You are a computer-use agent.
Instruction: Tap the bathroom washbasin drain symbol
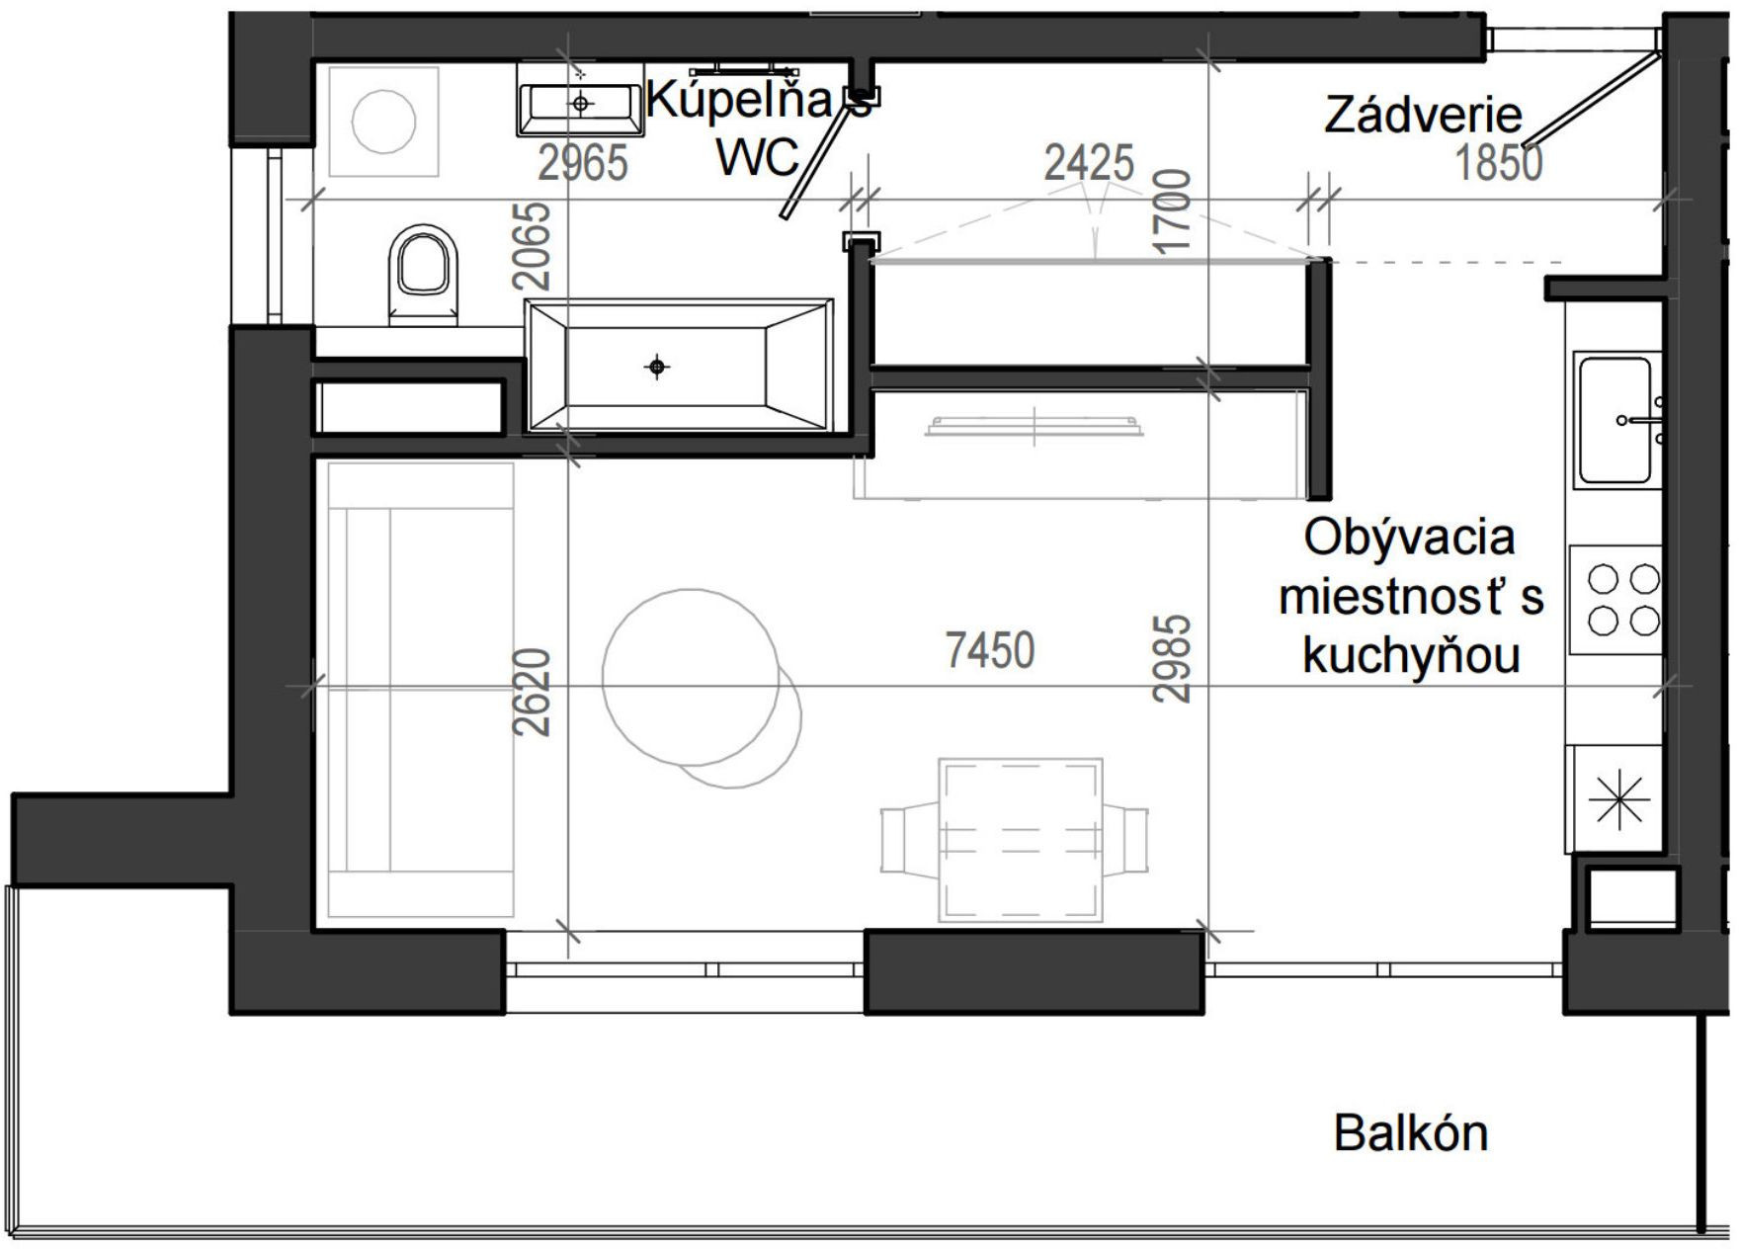pyautogui.click(x=581, y=103)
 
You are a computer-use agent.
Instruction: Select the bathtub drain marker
pyautogui.click(x=657, y=368)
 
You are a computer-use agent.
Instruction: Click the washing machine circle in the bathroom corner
pyautogui.click(x=383, y=122)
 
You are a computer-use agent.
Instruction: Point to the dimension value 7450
pyautogui.click(x=989, y=650)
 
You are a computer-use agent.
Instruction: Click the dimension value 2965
pyautogui.click(x=583, y=163)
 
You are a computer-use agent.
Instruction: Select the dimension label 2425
pyautogui.click(x=1089, y=163)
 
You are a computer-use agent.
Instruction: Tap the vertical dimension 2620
pyautogui.click(x=533, y=692)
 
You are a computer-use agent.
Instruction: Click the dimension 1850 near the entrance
pyautogui.click(x=1498, y=163)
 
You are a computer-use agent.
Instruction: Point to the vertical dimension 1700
pyautogui.click(x=1172, y=210)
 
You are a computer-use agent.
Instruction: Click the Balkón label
pyautogui.click(x=1410, y=1133)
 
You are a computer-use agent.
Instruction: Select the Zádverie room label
pyautogui.click(x=1422, y=116)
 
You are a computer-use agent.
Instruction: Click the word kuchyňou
pyautogui.click(x=1410, y=655)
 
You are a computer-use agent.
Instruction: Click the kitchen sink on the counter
pyautogui.click(x=1615, y=420)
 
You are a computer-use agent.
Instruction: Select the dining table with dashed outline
pyautogui.click(x=1020, y=840)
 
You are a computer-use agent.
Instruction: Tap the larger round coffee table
pyautogui.click(x=691, y=677)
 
